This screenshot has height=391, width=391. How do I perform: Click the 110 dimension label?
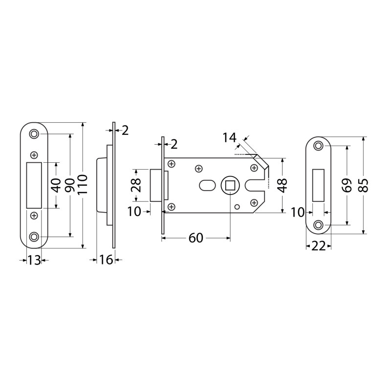coord(83,184)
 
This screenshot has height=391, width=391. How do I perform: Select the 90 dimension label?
coord(70,185)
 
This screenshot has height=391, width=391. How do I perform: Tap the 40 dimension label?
coord(57,186)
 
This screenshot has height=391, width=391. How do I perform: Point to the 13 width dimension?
coord(34,261)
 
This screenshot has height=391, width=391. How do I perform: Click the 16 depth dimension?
coord(106,260)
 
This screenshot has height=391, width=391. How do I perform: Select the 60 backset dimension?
coord(196,238)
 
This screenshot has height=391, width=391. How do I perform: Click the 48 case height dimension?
coord(283,185)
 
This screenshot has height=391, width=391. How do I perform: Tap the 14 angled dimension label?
coord(229,138)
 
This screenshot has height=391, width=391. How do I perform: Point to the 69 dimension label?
coord(347,185)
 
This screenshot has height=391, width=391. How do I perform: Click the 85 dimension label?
coord(364,185)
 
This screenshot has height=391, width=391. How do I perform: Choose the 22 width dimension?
coord(319,247)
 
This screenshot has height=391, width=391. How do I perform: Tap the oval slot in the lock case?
coord(207,186)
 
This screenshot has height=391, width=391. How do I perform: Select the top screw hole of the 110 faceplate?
coord(34,134)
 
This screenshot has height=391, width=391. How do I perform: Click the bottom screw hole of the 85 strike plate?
coord(318,225)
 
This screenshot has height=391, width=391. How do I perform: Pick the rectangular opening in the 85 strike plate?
coord(319,185)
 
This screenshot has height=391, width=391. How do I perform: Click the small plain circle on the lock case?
coord(237,206)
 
